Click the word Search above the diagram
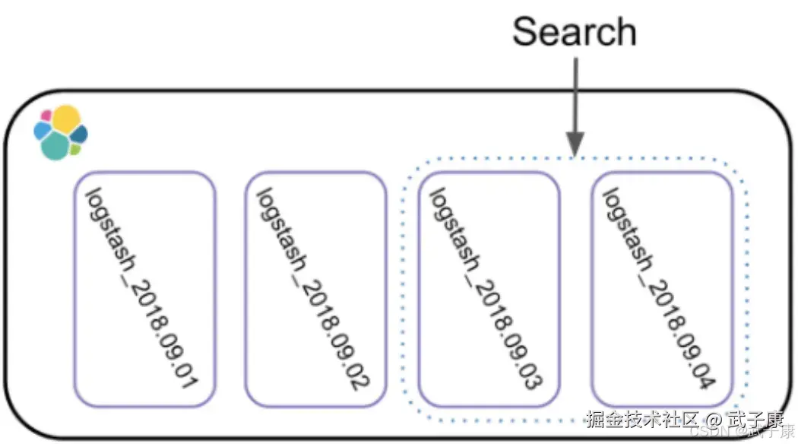574,32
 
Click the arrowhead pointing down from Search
575,142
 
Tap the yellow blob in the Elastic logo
66,119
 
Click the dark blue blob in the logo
79,135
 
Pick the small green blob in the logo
74,149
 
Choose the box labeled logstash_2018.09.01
145,289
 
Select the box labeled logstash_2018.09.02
315,289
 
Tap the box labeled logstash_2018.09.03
489,289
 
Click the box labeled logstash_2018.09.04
662,289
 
